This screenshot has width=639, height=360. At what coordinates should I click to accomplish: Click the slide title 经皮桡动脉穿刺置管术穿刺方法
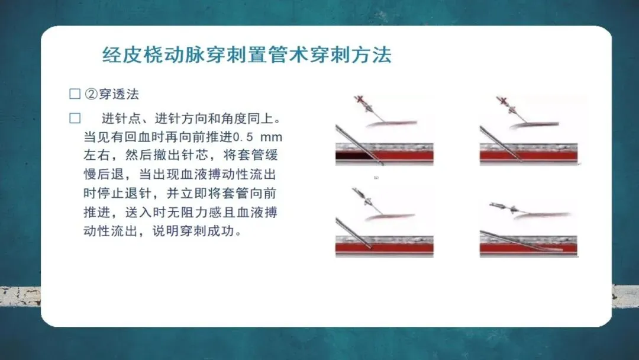pyautogui.click(x=247, y=55)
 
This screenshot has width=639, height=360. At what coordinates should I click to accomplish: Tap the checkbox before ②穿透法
pyautogui.click(x=75, y=94)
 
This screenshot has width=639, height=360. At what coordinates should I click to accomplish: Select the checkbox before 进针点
pyautogui.click(x=75, y=118)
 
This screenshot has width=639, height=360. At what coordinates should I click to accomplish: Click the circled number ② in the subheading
pyautogui.click(x=91, y=94)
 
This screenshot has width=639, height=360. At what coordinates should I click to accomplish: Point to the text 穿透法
pyautogui.click(x=119, y=94)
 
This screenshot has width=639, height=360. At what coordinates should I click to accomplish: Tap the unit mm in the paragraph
pyautogui.click(x=271, y=137)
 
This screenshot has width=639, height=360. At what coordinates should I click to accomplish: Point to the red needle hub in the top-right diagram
pyautogui.click(x=502, y=100)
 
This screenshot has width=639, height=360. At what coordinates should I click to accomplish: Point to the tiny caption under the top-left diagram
pyautogui.click(x=376, y=178)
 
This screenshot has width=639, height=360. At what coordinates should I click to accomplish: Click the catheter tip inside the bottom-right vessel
pyautogui.click(x=561, y=249)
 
